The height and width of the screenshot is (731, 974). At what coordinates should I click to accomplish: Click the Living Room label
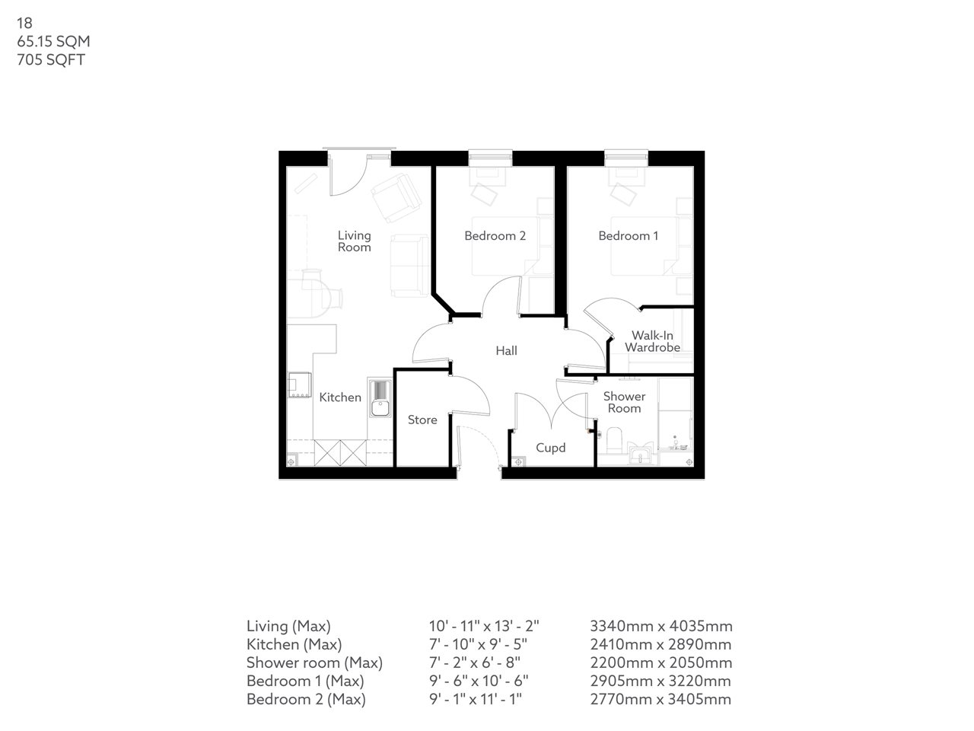click(x=354, y=241)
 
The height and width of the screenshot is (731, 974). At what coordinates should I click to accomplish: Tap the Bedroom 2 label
click(x=495, y=236)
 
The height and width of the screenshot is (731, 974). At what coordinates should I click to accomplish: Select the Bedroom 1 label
click(x=629, y=236)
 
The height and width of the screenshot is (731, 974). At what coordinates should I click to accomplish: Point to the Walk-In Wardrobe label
click(x=652, y=341)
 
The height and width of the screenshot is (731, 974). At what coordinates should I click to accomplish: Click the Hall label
click(x=506, y=351)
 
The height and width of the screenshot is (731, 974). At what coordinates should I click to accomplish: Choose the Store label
click(x=422, y=420)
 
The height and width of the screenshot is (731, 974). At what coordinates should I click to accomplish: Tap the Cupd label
click(x=550, y=448)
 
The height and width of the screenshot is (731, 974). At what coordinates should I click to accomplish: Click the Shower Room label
click(x=624, y=402)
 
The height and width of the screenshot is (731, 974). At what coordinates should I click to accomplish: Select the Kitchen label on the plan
click(x=340, y=397)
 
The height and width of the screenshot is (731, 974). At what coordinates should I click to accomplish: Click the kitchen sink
click(x=379, y=398)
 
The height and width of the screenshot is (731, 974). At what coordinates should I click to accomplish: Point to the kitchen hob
click(x=298, y=386)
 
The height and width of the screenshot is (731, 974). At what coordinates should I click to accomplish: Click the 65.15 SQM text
click(x=53, y=42)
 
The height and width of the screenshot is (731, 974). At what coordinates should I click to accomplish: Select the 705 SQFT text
click(x=51, y=60)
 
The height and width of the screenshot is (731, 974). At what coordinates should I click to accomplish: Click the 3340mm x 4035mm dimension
click(x=661, y=627)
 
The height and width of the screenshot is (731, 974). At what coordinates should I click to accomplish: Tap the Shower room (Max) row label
click(x=314, y=662)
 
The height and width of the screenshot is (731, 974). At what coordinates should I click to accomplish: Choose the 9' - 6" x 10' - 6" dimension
click(x=479, y=681)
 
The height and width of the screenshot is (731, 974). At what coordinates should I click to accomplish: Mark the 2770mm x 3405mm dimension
click(x=660, y=699)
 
